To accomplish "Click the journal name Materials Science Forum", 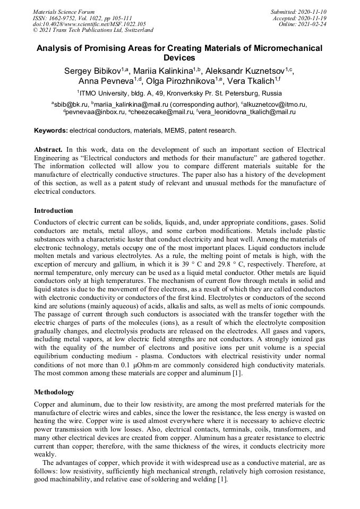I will (64, 12).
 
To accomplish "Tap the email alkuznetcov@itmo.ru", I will (274, 105).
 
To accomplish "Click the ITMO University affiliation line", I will (180, 92).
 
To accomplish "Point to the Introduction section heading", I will (53, 211).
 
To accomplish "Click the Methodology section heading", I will (54, 392).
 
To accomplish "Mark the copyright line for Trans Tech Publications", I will (93, 31).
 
